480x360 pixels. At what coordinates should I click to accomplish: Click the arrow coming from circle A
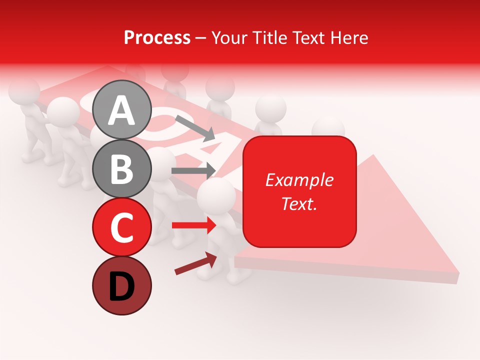tap(195, 127)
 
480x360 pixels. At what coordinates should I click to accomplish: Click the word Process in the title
tap(157, 37)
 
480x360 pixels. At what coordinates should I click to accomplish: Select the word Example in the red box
tap(299, 180)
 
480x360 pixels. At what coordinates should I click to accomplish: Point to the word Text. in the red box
tap(299, 203)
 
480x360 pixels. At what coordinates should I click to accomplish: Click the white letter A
tap(122, 111)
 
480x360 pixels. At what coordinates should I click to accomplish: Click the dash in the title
tap(201, 38)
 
